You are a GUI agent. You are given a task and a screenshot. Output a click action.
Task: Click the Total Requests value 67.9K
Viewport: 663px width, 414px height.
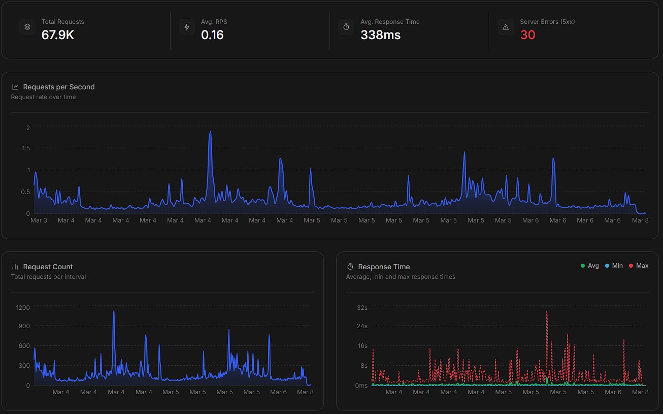58,35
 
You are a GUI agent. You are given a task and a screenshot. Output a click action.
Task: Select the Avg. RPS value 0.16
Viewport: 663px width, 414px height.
212,35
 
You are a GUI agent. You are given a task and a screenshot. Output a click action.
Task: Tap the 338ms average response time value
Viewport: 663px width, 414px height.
380,35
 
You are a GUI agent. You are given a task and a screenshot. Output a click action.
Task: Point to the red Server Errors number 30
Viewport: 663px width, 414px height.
528,35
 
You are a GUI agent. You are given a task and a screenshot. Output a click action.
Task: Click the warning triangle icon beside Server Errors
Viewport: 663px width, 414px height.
506,27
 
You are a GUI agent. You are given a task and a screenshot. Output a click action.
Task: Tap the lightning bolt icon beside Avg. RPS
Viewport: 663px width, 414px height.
187,27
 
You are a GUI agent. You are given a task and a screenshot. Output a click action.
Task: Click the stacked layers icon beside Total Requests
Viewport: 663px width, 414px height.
27,27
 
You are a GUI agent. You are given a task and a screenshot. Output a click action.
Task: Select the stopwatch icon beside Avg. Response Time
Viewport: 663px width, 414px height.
346,27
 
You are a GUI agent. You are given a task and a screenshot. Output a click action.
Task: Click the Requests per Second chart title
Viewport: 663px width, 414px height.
59,87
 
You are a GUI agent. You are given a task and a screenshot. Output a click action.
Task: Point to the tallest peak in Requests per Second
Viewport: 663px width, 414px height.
210,131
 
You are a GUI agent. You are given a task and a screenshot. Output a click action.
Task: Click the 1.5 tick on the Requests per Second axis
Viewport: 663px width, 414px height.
26,148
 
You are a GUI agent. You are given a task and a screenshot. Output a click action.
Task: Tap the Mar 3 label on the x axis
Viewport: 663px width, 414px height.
39,220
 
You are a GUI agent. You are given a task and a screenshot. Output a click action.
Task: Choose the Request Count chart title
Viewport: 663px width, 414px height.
48,267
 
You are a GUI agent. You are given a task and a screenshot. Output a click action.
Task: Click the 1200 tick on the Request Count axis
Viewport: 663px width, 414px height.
23,308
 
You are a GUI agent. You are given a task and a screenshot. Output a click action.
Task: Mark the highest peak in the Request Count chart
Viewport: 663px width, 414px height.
114,311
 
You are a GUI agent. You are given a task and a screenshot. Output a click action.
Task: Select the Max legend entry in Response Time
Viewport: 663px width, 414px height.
639,266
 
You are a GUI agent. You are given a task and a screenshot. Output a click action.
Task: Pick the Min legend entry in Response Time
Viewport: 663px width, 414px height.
614,266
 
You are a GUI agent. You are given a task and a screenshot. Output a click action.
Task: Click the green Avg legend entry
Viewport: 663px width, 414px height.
590,266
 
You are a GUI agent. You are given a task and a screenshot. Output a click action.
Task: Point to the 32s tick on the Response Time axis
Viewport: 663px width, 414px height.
362,308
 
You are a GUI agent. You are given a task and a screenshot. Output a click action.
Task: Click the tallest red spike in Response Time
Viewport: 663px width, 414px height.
547,311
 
